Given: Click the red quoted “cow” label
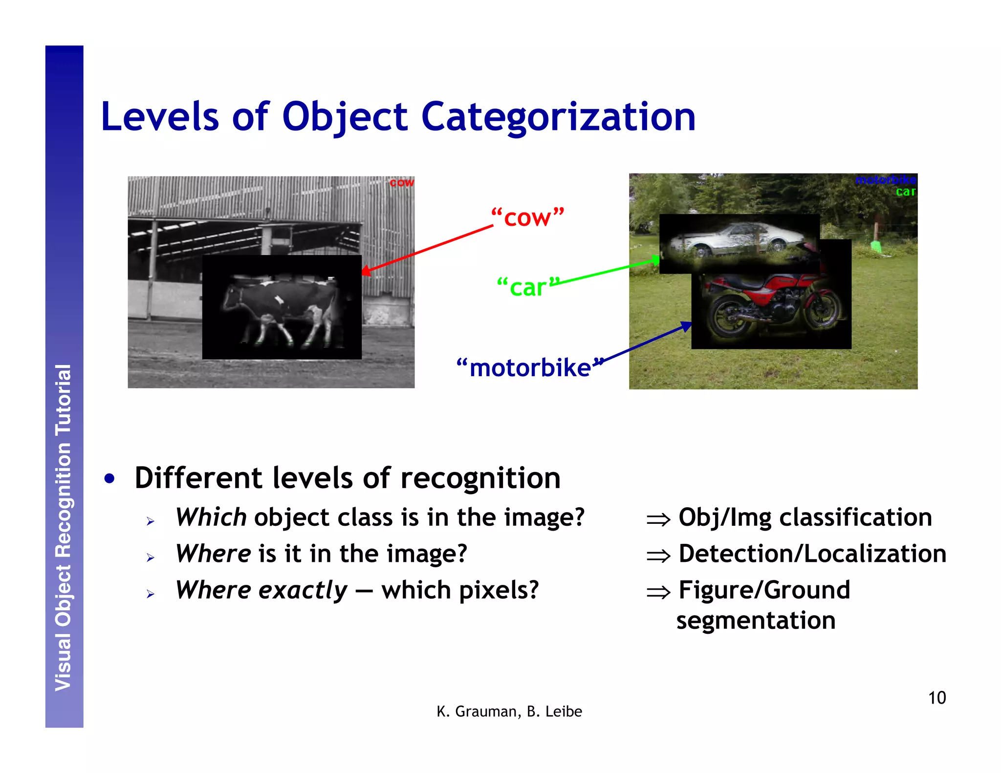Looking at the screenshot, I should (527, 217).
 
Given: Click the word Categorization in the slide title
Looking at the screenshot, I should (558, 117).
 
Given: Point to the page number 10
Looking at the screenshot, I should (936, 698).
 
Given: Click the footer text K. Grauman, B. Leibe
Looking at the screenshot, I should (509, 711).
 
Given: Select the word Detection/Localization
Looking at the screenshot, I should (812, 554).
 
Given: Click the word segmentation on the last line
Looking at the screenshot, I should (756, 621).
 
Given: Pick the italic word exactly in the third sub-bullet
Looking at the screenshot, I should (303, 590).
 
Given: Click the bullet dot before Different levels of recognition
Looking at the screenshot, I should (110, 479).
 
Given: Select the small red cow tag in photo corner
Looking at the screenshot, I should (401, 183).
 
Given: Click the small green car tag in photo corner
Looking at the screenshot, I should (906, 192).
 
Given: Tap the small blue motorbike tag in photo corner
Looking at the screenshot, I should (885, 180).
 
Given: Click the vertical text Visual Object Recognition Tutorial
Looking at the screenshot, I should (64, 528).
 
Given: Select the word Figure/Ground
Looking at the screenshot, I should (764, 590).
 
